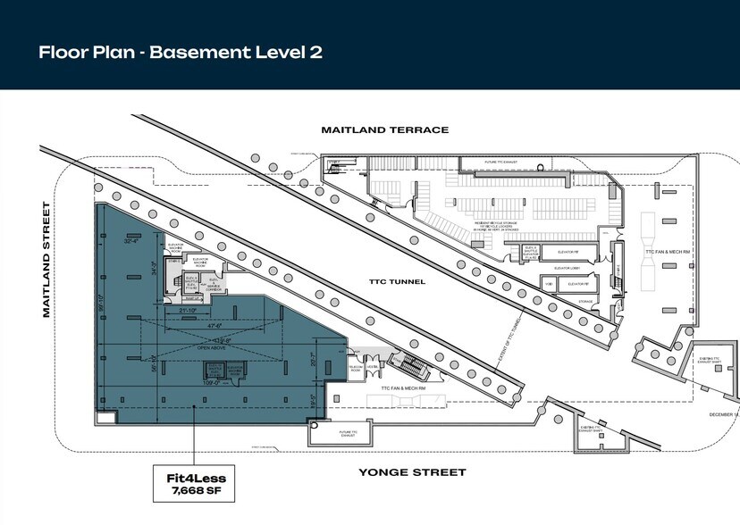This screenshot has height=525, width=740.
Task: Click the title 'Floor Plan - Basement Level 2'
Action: point(180,52)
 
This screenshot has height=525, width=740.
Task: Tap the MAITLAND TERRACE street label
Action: point(384,129)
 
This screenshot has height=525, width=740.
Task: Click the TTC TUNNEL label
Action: point(394,282)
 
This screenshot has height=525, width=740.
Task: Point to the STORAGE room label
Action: point(586,301)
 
